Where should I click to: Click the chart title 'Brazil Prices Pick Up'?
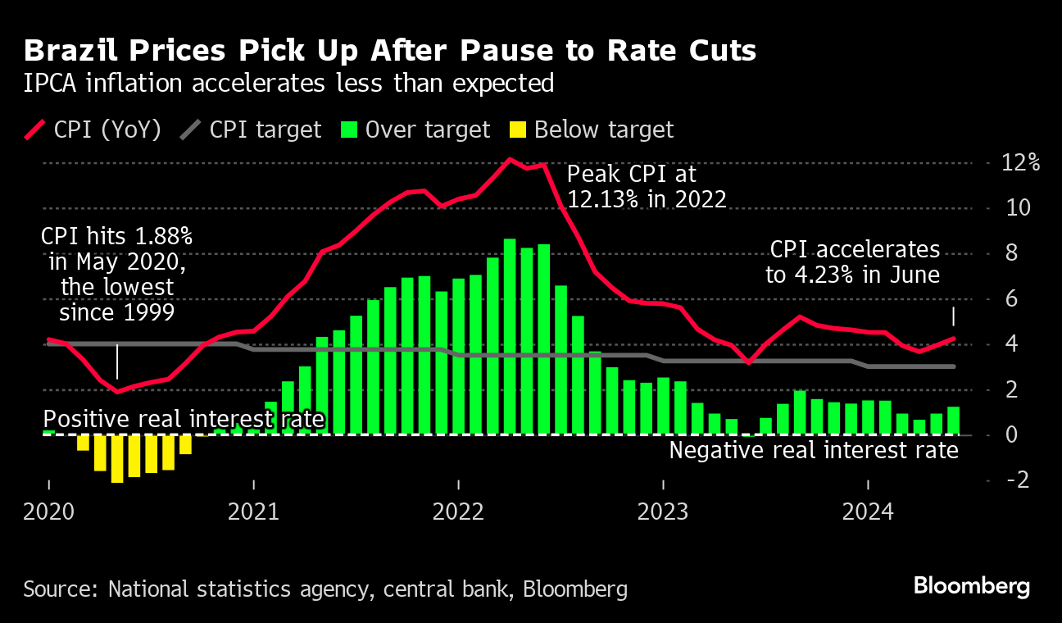[389, 51]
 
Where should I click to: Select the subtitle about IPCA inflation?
[288, 84]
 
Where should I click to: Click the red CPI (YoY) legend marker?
[35, 130]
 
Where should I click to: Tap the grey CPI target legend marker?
[191, 130]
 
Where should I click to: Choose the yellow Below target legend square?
[517, 130]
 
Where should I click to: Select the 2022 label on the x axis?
[458, 512]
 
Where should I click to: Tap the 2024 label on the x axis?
[868, 512]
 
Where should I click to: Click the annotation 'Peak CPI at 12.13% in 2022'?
[647, 186]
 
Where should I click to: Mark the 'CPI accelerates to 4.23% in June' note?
[853, 262]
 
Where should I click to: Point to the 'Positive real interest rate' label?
[184, 420]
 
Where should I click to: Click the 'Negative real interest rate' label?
[814, 450]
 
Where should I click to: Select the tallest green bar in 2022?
[510, 336]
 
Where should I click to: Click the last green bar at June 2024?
[953, 421]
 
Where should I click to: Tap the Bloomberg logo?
[972, 586]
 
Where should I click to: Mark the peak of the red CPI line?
[510, 159]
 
